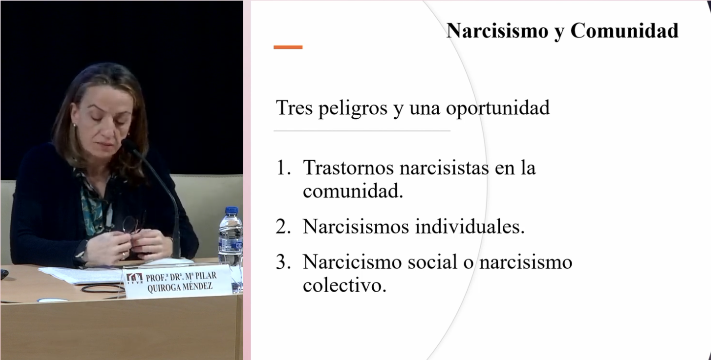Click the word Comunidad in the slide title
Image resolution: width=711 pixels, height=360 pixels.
point(624,31)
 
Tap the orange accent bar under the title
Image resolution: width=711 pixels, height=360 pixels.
point(288,47)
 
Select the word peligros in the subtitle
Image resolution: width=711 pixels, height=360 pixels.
point(353,108)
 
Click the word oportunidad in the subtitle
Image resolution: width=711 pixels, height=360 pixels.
point(498,108)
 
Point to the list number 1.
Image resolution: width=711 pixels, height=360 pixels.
point(284,167)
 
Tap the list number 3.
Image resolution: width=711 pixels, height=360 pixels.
point(283,262)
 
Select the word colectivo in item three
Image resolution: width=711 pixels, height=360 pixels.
point(345,285)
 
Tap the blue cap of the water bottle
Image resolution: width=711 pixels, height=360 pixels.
point(231,210)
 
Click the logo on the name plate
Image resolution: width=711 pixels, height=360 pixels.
point(134,279)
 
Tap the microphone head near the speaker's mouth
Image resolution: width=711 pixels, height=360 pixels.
point(129,145)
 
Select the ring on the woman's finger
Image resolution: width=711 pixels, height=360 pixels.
point(124,255)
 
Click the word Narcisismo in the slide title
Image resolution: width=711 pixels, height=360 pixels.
point(497,31)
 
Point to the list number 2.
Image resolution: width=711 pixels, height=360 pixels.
point(283,227)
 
